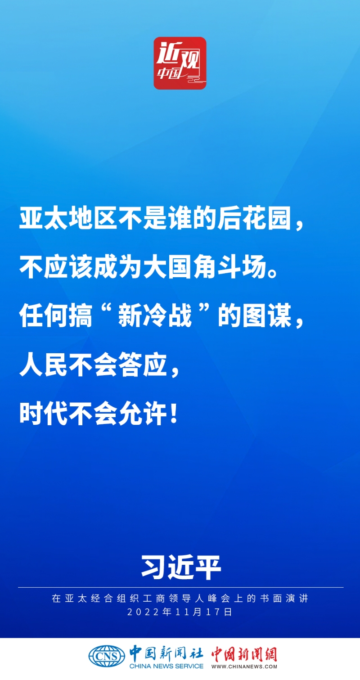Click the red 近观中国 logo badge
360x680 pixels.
pyautogui.click(x=180, y=63)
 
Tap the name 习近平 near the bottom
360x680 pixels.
pyautogui.click(x=181, y=567)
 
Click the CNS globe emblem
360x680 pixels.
pyautogui.click(x=107, y=656)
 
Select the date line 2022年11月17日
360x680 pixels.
pyautogui.click(x=180, y=612)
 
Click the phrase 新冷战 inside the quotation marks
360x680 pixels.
pyautogui.click(x=155, y=316)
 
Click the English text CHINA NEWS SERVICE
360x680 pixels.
pyautogui.click(x=166, y=666)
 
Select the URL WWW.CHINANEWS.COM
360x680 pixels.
pyautogui.click(x=244, y=666)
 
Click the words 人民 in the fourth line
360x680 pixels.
pyautogui.click(x=43, y=364)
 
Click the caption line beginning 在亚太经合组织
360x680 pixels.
pyautogui.click(x=180, y=599)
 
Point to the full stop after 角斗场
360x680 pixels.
pyautogui.click(x=273, y=273)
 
